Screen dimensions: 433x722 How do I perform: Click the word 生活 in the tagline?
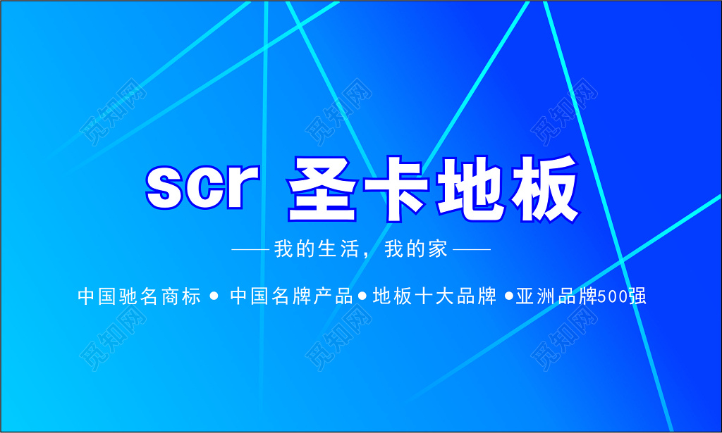click(x=337, y=249)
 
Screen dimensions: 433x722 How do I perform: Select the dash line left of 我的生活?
click(x=250, y=249)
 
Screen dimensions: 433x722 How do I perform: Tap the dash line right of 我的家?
click(x=471, y=249)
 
